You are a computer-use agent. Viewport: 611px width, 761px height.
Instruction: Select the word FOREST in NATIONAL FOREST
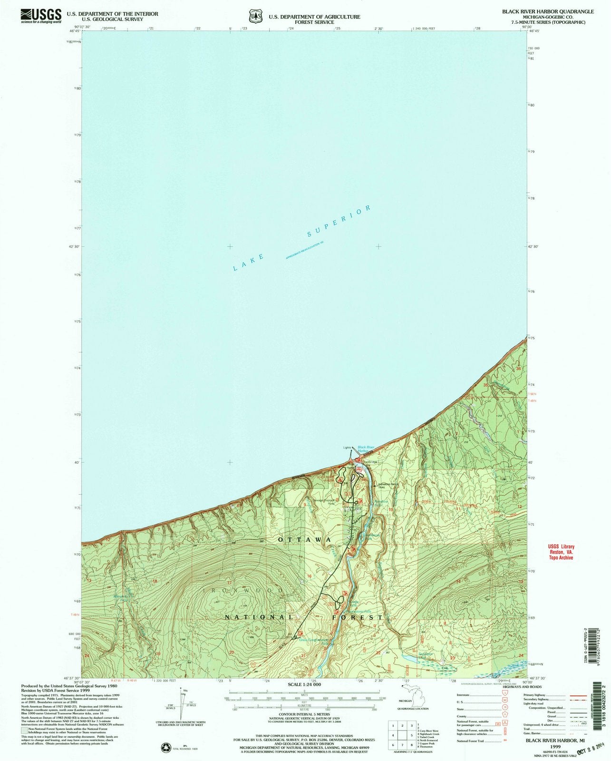[360, 617]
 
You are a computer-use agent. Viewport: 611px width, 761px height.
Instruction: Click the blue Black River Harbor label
[366, 449]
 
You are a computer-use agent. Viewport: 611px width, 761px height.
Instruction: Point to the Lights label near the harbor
[346, 448]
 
